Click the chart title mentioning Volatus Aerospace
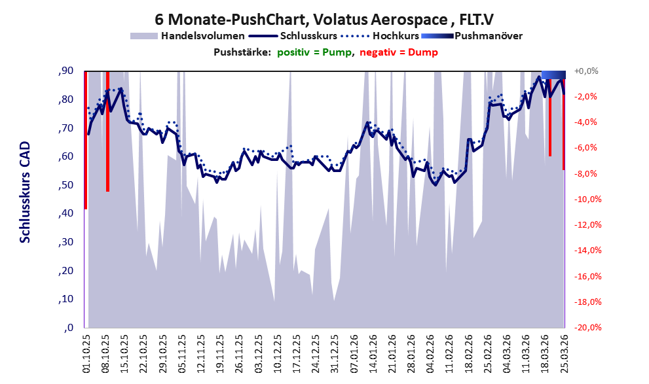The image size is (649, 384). pos(324,18)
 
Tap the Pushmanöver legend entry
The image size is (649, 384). pos(488,35)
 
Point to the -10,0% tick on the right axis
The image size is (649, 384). pos(587,200)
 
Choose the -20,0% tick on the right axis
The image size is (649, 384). pos(587,328)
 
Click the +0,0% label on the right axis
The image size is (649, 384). pos(586,71)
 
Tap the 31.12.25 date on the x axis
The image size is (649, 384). pos(335,353)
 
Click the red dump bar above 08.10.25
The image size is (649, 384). pos(107,131)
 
